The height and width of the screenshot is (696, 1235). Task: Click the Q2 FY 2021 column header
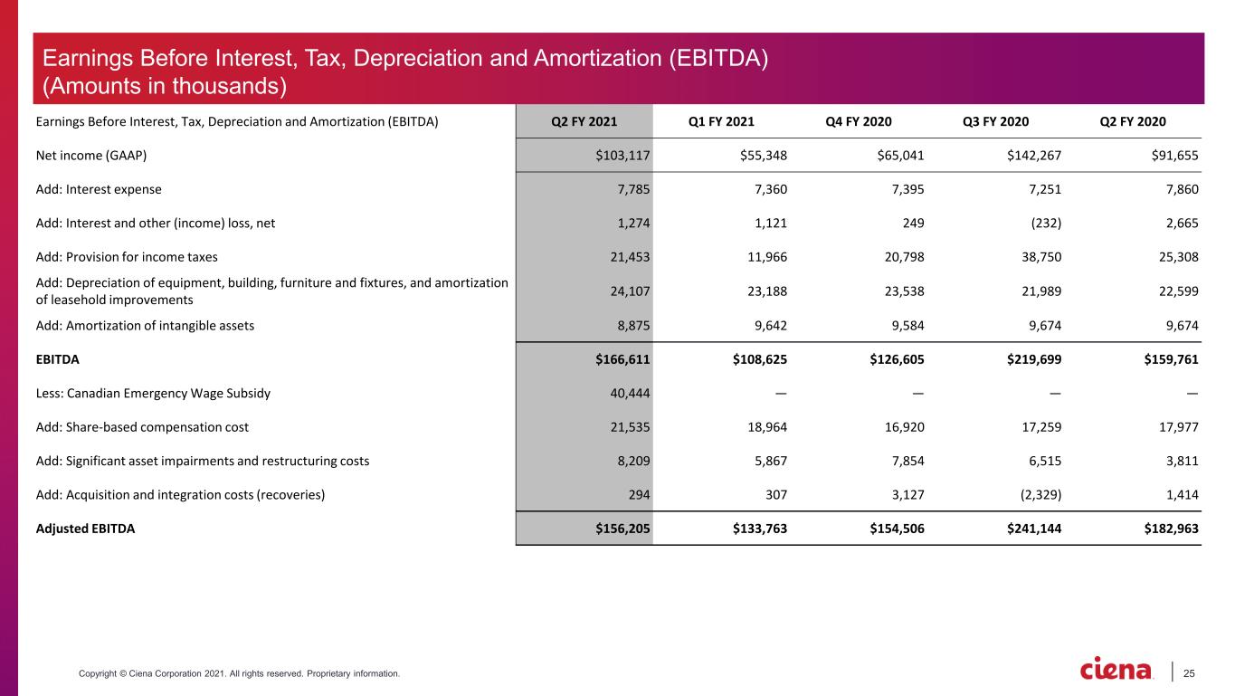[x=584, y=121]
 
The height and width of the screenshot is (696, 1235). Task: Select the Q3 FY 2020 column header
[x=995, y=121]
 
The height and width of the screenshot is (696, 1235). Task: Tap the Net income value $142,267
[x=1034, y=156]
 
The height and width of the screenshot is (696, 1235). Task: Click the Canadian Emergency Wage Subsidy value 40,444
[x=630, y=393]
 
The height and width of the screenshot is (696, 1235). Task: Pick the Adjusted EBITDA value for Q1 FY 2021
[x=759, y=529]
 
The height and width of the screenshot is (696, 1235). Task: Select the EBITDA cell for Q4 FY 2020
[x=897, y=359]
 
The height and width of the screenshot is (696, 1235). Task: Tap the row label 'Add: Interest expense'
[x=99, y=189]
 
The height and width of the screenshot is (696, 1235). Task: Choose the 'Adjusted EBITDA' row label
[x=85, y=529]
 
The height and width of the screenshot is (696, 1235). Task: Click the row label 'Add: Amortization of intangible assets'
[x=145, y=326]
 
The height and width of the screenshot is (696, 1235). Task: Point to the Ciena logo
[x=1116, y=669]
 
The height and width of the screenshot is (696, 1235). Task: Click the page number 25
[x=1189, y=673]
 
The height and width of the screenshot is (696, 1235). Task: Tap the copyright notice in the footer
[x=239, y=673]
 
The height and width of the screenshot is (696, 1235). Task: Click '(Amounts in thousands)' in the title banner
[x=165, y=86]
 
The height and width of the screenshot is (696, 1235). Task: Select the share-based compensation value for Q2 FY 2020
[x=1178, y=427]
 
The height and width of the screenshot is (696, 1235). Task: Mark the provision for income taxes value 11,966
[x=767, y=257]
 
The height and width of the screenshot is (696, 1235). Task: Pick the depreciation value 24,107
[x=630, y=291]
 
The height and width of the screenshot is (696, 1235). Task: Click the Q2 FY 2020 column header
[x=1133, y=121]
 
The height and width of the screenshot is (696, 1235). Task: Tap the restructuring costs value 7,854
[x=907, y=461]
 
